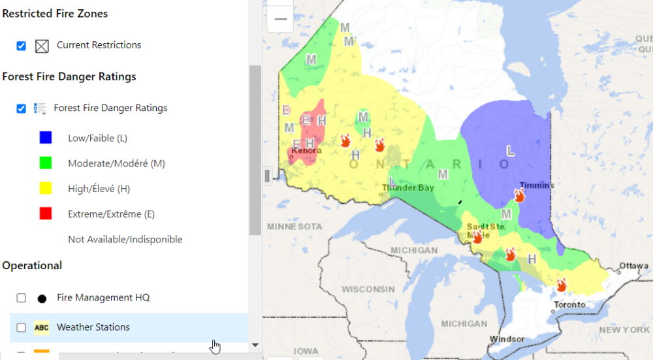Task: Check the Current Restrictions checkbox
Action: [x=22, y=46]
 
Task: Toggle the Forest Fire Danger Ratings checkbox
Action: [x=22, y=108]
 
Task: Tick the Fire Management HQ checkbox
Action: [x=22, y=298]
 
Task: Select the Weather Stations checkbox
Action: [x=22, y=327]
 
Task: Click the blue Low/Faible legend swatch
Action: [x=46, y=138]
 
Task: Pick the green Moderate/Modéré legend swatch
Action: [x=46, y=163]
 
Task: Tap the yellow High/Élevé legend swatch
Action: [x=46, y=189]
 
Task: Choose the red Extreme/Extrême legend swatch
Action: [x=46, y=214]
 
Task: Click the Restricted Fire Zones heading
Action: [x=55, y=14]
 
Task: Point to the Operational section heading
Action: [x=32, y=266]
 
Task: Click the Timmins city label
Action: [x=537, y=186]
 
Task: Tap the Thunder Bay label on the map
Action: [x=408, y=188]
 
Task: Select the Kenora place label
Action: [x=306, y=151]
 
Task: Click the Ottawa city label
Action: [x=634, y=266]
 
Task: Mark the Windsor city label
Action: [x=507, y=339]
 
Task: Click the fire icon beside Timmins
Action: [x=520, y=195]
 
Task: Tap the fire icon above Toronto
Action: [x=561, y=285]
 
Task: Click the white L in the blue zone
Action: [x=511, y=151]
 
